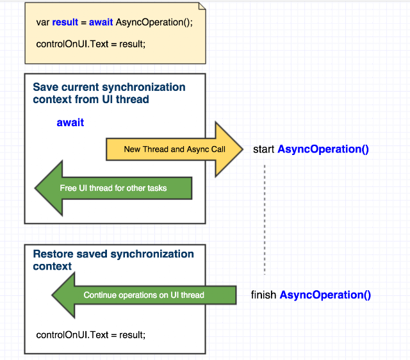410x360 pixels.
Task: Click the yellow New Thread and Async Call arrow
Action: pos(175,149)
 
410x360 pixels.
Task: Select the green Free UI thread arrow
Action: pos(113,188)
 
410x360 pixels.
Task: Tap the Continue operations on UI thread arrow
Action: pos(143,295)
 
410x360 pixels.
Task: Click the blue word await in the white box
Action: pos(70,122)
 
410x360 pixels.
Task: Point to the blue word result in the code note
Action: pos(65,22)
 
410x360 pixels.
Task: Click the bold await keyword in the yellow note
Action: pos(101,22)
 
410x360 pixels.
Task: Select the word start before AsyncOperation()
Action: pos(263,149)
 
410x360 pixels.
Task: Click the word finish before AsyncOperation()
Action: pos(263,295)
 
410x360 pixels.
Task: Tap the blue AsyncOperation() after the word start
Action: pos(323,149)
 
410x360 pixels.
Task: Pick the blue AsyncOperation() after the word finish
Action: pos(325,295)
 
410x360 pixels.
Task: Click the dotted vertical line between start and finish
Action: pos(265,220)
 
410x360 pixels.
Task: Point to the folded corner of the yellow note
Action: pos(202,6)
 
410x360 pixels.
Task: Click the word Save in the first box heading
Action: pos(45,87)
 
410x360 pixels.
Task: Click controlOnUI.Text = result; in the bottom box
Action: pos(91,335)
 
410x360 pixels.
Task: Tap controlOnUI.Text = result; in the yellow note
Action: pos(91,44)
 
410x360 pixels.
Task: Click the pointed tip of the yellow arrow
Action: pos(243,149)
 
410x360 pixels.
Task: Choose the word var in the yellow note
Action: pos(43,22)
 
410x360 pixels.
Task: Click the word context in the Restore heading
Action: pos(53,266)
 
